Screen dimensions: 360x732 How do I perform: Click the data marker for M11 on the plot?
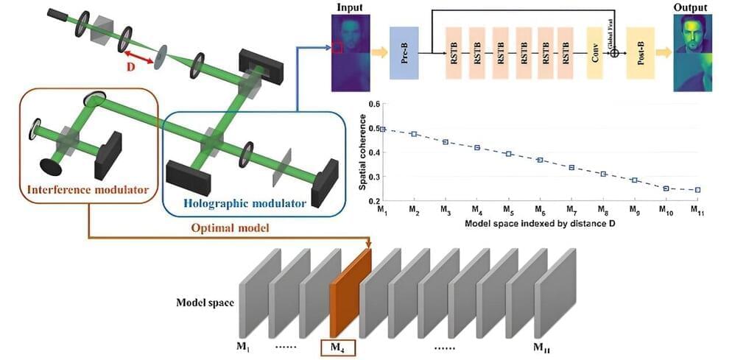pyautogui.click(x=697, y=189)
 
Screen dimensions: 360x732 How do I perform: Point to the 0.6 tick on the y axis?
pyautogui.click(x=373, y=105)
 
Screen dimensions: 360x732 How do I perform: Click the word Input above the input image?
pyautogui.click(x=350, y=7)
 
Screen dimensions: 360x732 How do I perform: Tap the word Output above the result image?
pyautogui.click(x=691, y=7)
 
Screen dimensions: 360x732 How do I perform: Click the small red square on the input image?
pyautogui.click(x=337, y=49)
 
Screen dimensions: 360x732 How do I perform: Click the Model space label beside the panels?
pyautogui.click(x=205, y=303)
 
